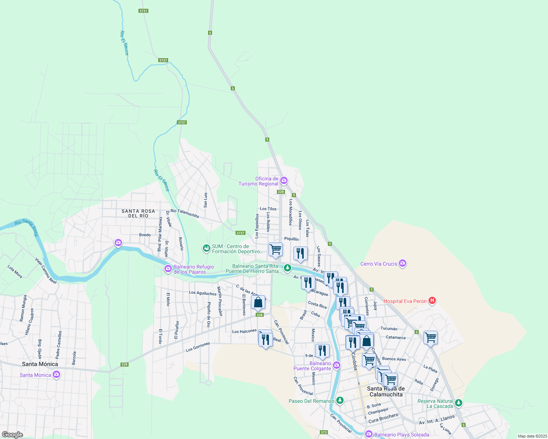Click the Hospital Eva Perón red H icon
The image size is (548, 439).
click(x=432, y=301)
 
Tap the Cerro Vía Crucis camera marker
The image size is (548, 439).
click(x=403, y=263)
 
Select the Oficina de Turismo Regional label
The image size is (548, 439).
click(x=259, y=181)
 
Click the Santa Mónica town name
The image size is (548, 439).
click(x=40, y=364)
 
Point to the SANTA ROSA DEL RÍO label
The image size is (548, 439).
click(x=138, y=214)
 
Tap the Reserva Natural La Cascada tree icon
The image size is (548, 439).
click(x=458, y=403)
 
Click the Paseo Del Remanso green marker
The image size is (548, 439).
click(x=340, y=401)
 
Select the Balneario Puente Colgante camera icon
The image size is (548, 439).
click(x=336, y=365)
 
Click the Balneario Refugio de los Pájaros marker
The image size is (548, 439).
click(x=168, y=269)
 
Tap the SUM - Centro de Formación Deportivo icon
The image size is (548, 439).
click(x=207, y=248)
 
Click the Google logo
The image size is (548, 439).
click(x=12, y=435)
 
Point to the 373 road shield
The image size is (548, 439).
click(x=323, y=432)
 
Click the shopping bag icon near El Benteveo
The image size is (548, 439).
click(x=258, y=303)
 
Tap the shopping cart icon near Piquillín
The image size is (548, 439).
click(x=275, y=249)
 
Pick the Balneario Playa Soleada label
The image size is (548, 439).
click(x=401, y=435)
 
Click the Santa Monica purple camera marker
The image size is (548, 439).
click(x=56, y=374)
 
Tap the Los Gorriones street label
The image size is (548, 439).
click(x=198, y=347)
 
